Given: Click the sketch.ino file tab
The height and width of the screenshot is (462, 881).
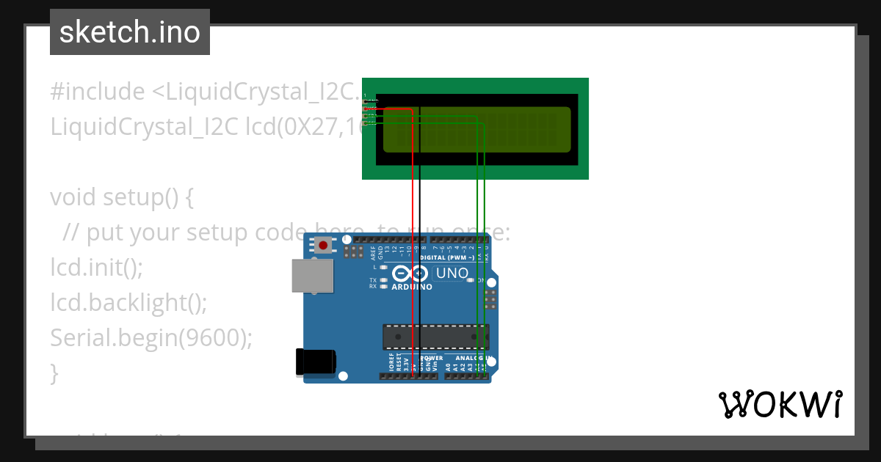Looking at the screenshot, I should pos(130,32).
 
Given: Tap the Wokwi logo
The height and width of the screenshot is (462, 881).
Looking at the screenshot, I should pos(780,405).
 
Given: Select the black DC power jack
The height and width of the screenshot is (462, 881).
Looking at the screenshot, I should pos(315,362).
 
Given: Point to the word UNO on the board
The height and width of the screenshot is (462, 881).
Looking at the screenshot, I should pos(452,274).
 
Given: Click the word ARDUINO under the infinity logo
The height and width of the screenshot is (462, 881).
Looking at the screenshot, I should pos(411,287).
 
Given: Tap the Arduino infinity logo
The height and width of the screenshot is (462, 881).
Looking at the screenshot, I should pos(410,274).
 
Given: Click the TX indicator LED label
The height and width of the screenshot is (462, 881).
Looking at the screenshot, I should pos(373,280).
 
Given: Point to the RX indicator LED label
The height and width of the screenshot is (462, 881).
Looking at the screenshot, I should pos(373,287).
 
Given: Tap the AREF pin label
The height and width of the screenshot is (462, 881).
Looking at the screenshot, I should pos(373,253).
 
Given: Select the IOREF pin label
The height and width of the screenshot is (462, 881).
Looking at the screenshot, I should pos(391,362).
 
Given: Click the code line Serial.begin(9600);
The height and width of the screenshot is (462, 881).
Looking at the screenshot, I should pos(151,337).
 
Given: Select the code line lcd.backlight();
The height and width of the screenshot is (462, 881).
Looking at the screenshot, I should pos(128,302).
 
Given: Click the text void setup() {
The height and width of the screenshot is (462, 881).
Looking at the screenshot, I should pos(121,197).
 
